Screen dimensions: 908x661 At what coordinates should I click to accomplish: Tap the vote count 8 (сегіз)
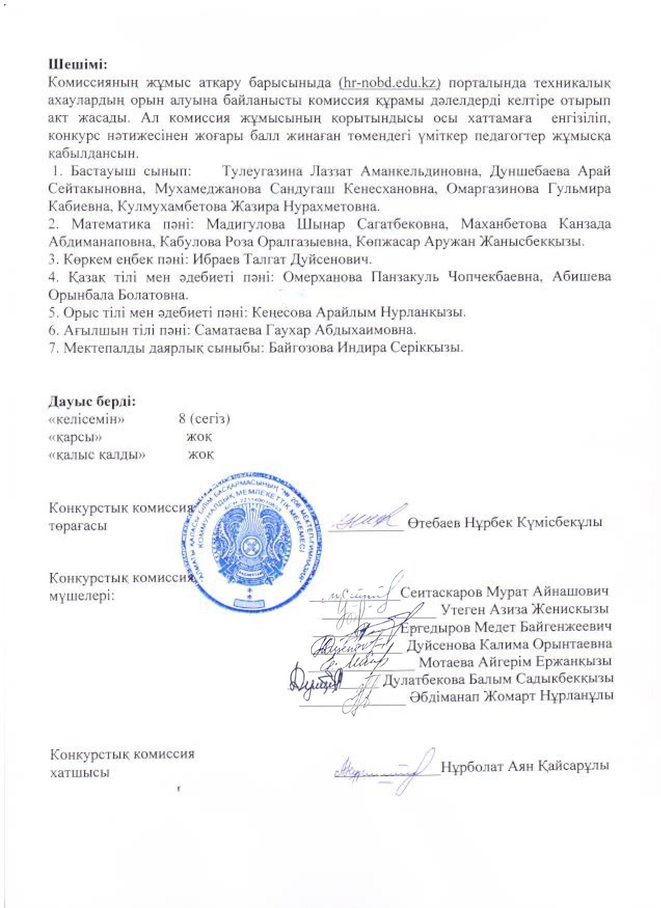pyautogui.click(x=204, y=419)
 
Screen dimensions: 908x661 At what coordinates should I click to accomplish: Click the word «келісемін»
pyautogui.click(x=86, y=419)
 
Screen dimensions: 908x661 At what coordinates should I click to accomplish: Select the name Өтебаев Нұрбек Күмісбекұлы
pyautogui.click(x=505, y=522)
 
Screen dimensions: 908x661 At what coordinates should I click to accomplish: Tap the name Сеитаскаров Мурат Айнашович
pyautogui.click(x=504, y=592)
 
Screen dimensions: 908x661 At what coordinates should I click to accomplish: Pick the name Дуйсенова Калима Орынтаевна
pyautogui.click(x=509, y=644)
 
